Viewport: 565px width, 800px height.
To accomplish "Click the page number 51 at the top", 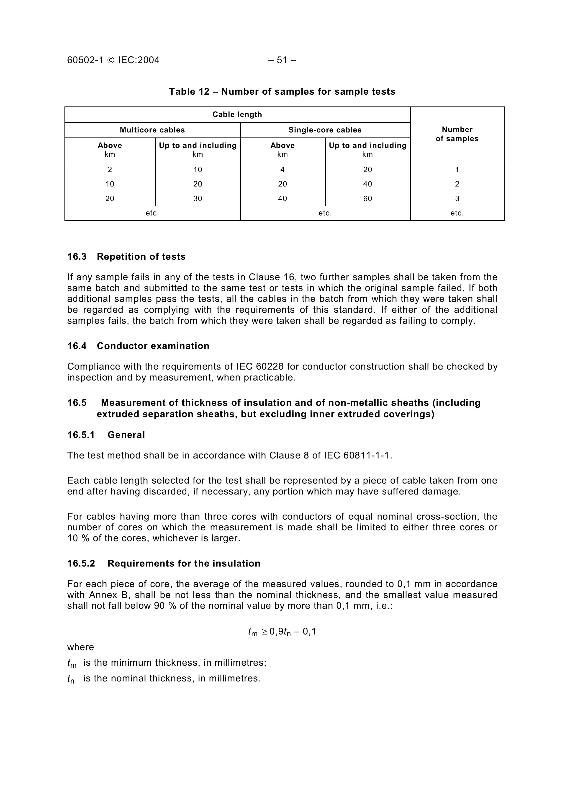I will click(x=282, y=60).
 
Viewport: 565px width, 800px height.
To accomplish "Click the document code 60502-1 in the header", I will click(x=85, y=60).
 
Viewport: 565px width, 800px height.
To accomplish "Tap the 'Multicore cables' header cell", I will click(x=152, y=130).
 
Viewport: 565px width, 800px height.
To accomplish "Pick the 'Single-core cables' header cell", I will click(x=325, y=130).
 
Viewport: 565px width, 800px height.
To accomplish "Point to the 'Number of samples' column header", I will click(x=457, y=134).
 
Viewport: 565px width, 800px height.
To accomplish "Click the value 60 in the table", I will click(x=368, y=199).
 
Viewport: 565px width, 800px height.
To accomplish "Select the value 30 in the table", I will click(x=198, y=199).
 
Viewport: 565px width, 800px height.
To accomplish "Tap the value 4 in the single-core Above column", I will click(x=282, y=170).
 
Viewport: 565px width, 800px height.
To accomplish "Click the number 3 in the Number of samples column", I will click(x=457, y=199).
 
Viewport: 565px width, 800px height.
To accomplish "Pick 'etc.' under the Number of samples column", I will click(x=457, y=213).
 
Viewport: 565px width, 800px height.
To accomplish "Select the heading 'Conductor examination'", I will click(x=153, y=346).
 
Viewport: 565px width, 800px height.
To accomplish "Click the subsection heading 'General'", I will click(x=126, y=435).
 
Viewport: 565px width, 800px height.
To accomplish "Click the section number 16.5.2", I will click(x=81, y=563).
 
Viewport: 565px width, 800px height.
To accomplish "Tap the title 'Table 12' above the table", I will click(x=189, y=92).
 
